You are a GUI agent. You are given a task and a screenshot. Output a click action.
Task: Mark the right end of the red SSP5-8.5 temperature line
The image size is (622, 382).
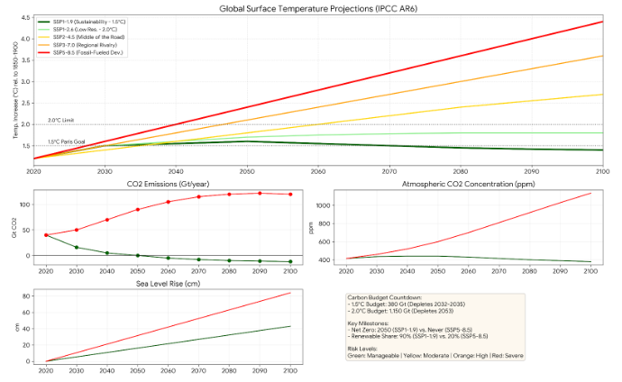tap(602, 22)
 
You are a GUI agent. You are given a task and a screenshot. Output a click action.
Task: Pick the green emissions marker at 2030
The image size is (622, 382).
tap(76, 247)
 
